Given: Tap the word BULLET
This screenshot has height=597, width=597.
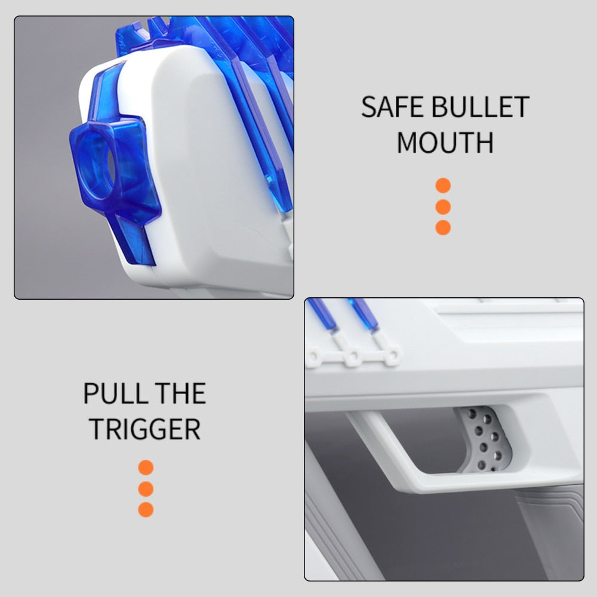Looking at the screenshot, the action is point(481,107).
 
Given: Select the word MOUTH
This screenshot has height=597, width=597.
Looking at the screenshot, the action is point(445,143).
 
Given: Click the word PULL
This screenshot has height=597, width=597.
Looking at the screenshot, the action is point(115,393).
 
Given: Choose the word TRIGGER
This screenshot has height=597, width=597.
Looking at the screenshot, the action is point(144,429).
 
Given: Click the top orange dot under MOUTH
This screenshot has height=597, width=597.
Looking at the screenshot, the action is point(443,186).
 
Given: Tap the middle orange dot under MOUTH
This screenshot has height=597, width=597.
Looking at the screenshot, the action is point(443,207).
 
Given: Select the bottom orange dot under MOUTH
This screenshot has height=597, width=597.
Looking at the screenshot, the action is point(443,227).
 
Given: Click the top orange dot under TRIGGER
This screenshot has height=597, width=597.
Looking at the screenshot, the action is point(146,467).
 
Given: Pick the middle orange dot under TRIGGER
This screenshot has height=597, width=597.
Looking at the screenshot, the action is point(146,489).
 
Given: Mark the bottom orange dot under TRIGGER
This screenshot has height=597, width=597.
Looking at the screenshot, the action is point(146,510).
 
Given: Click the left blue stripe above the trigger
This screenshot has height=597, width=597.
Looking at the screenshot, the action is point(323,315).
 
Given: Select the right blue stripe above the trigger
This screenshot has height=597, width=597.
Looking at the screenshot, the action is point(364,315).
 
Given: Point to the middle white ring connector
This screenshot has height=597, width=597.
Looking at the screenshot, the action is point(353,357).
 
